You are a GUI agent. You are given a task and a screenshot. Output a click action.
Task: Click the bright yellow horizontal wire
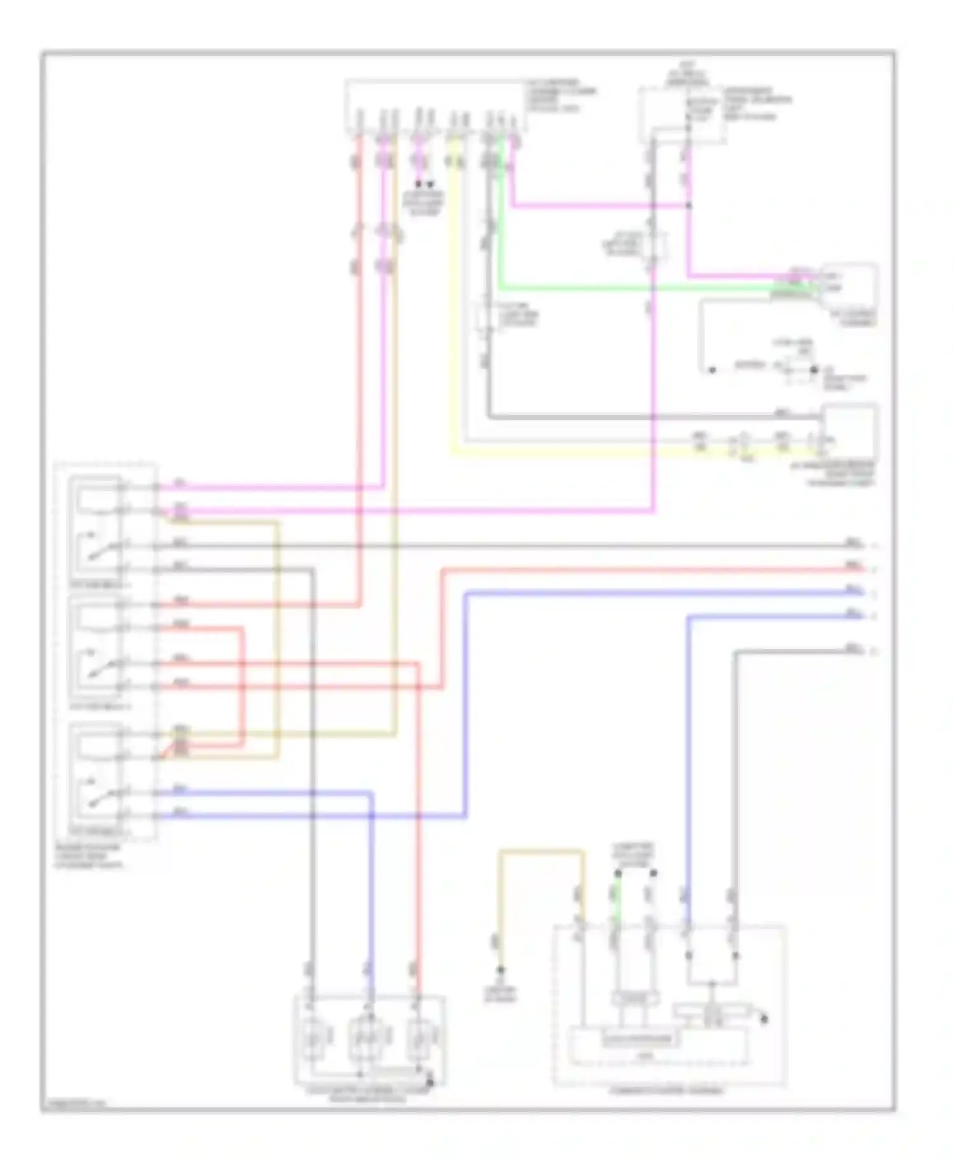572,453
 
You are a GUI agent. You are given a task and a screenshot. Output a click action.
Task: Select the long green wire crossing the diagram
636,288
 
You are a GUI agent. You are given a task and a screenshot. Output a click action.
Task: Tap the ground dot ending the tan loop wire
501,970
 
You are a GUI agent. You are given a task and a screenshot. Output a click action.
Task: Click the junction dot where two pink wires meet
689,205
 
